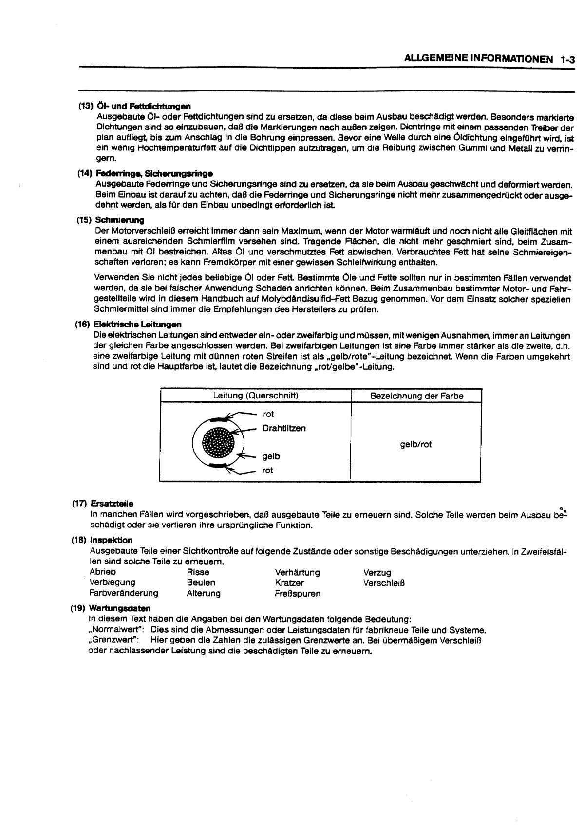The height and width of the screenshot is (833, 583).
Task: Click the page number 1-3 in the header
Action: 567,60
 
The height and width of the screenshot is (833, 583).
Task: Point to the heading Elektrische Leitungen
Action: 137,324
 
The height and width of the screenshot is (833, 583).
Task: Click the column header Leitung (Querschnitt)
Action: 256,396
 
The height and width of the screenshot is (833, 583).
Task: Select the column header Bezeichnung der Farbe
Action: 416,396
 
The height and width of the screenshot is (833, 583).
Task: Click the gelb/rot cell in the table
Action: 415,444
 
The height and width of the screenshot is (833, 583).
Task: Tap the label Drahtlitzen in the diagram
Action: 284,428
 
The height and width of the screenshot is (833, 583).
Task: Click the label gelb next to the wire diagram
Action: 271,456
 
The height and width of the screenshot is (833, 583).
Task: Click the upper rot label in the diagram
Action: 268,414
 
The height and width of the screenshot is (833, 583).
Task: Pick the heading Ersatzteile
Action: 112,504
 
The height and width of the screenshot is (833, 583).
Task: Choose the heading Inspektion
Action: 111,540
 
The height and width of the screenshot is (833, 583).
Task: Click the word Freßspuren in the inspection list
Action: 298,594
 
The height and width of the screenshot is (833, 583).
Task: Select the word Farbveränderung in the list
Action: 124,593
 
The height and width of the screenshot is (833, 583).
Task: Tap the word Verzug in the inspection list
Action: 377,573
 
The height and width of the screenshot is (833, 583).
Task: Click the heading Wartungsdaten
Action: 120,608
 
